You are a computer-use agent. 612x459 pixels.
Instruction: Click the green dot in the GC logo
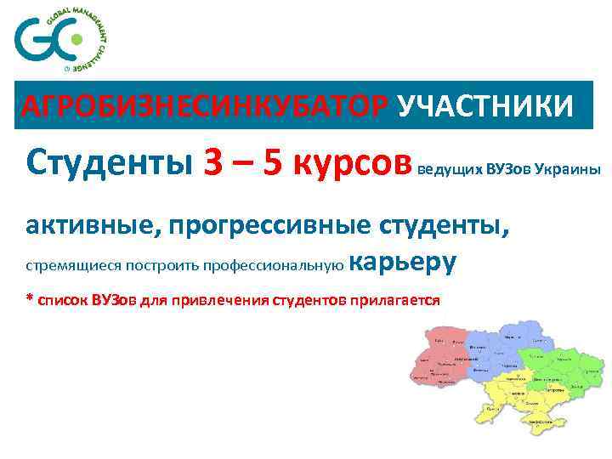pyautogui.click(x=76, y=38)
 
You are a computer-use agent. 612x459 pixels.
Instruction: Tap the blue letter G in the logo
pyautogui.click(x=31, y=39)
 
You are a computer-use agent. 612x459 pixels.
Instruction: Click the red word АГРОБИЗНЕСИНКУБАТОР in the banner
pyautogui.click(x=205, y=106)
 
